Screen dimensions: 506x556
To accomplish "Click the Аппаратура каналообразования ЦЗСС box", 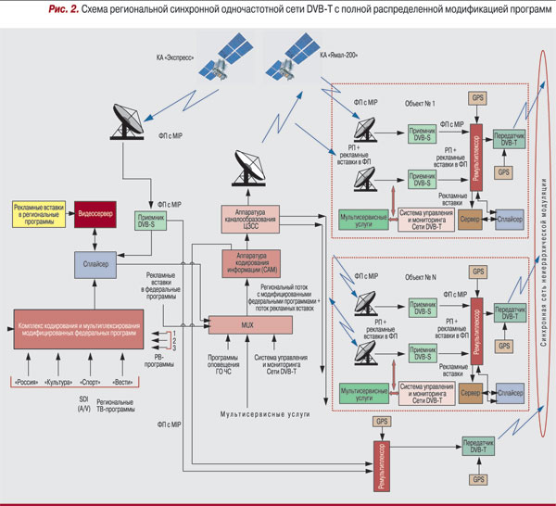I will pos(251,218).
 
